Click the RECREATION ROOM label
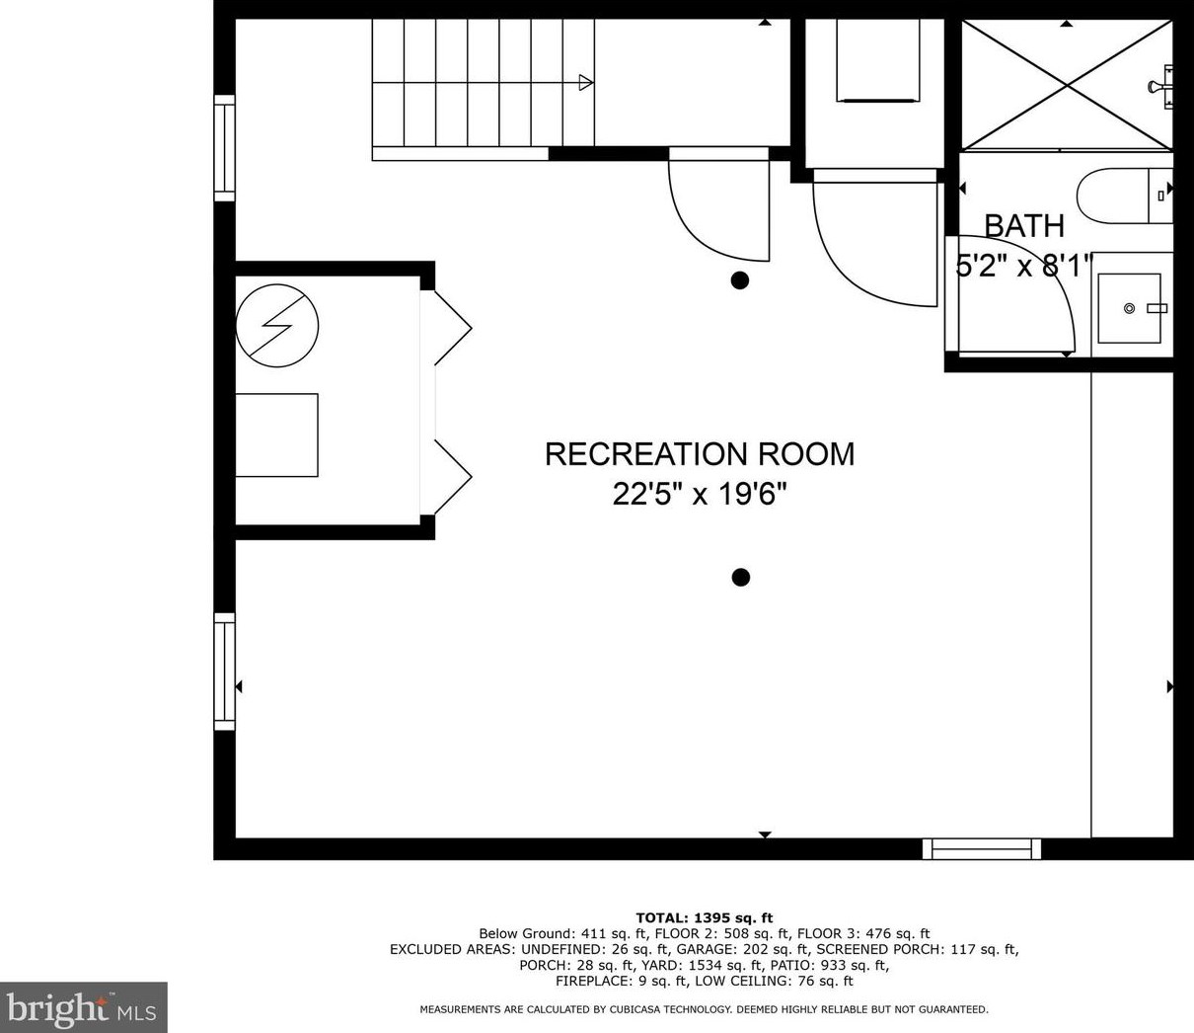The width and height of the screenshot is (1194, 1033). pos(699,454)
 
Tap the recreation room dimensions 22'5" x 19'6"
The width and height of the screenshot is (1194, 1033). pos(699,493)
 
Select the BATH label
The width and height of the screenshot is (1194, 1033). pos(1024,226)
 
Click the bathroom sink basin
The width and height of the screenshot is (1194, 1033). pos(1130,308)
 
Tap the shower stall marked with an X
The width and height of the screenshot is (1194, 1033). pos(1067,85)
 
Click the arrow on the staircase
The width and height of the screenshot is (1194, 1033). pos(585,83)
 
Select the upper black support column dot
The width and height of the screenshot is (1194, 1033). pos(739,280)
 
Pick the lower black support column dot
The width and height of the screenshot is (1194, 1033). pos(740,578)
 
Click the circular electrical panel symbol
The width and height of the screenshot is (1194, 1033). pos(277,326)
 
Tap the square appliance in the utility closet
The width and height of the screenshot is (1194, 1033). pos(276,436)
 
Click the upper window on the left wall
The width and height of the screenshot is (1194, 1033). pos(225,148)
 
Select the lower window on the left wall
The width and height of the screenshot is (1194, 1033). pos(225,672)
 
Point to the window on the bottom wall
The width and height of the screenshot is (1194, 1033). pos(982,848)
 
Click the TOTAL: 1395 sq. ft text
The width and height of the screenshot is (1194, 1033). pos(704,917)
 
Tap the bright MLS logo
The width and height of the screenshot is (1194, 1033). pos(84,1008)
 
